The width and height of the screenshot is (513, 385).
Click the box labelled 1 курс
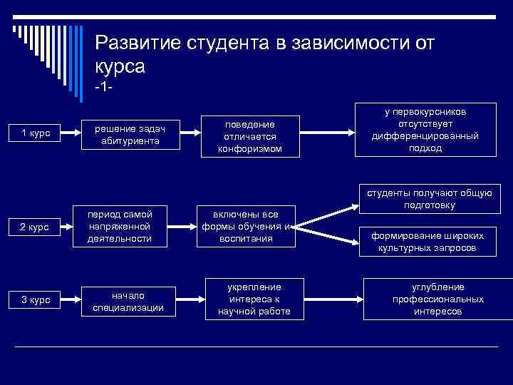click(x=36, y=133)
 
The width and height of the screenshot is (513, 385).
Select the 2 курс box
click(x=36, y=227)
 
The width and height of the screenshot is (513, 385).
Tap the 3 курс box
click(x=36, y=299)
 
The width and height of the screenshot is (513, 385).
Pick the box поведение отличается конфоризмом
click(x=249, y=135)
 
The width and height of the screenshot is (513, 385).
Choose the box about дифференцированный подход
click(x=425, y=130)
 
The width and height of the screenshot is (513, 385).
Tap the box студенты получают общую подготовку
click(x=430, y=199)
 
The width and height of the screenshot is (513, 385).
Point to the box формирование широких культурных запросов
click(x=427, y=242)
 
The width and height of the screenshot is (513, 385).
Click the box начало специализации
click(x=128, y=300)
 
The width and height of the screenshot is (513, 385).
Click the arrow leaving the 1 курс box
click(x=68, y=133)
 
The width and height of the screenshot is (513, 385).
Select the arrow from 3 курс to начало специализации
click(x=68, y=299)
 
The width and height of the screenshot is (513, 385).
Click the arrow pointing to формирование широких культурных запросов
click(x=328, y=235)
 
